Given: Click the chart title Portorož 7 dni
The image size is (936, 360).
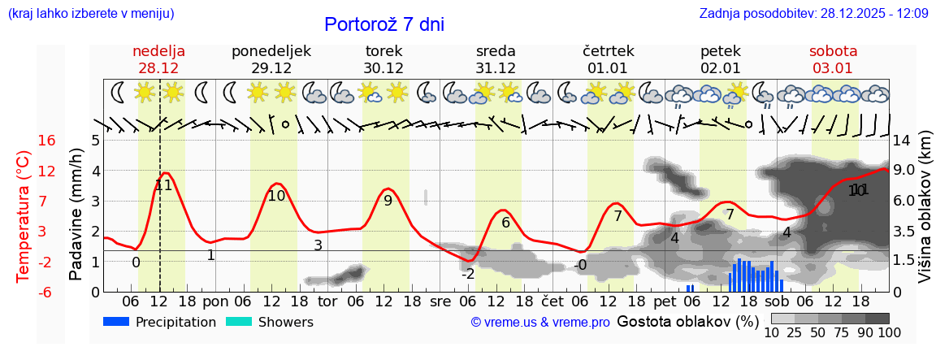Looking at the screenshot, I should click(x=384, y=24).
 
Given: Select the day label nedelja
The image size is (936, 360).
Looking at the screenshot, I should click(x=159, y=51).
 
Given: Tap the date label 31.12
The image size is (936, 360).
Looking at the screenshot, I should click(x=496, y=68).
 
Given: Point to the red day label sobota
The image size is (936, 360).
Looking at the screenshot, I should click(x=833, y=51).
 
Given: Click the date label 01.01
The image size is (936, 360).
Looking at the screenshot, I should click(x=608, y=68).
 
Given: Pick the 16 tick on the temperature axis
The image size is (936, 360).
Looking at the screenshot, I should click(x=46, y=141).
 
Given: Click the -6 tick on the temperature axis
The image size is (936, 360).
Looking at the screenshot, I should click(x=45, y=292).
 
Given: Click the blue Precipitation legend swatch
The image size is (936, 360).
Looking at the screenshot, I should click(x=116, y=322).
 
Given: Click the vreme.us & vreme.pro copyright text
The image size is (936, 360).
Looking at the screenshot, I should click(x=540, y=323).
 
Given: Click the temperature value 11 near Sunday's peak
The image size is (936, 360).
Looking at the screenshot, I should click(x=163, y=185).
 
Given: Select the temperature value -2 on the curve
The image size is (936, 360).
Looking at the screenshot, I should click(x=468, y=274).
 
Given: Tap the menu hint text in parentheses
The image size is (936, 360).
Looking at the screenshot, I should click(x=91, y=13).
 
